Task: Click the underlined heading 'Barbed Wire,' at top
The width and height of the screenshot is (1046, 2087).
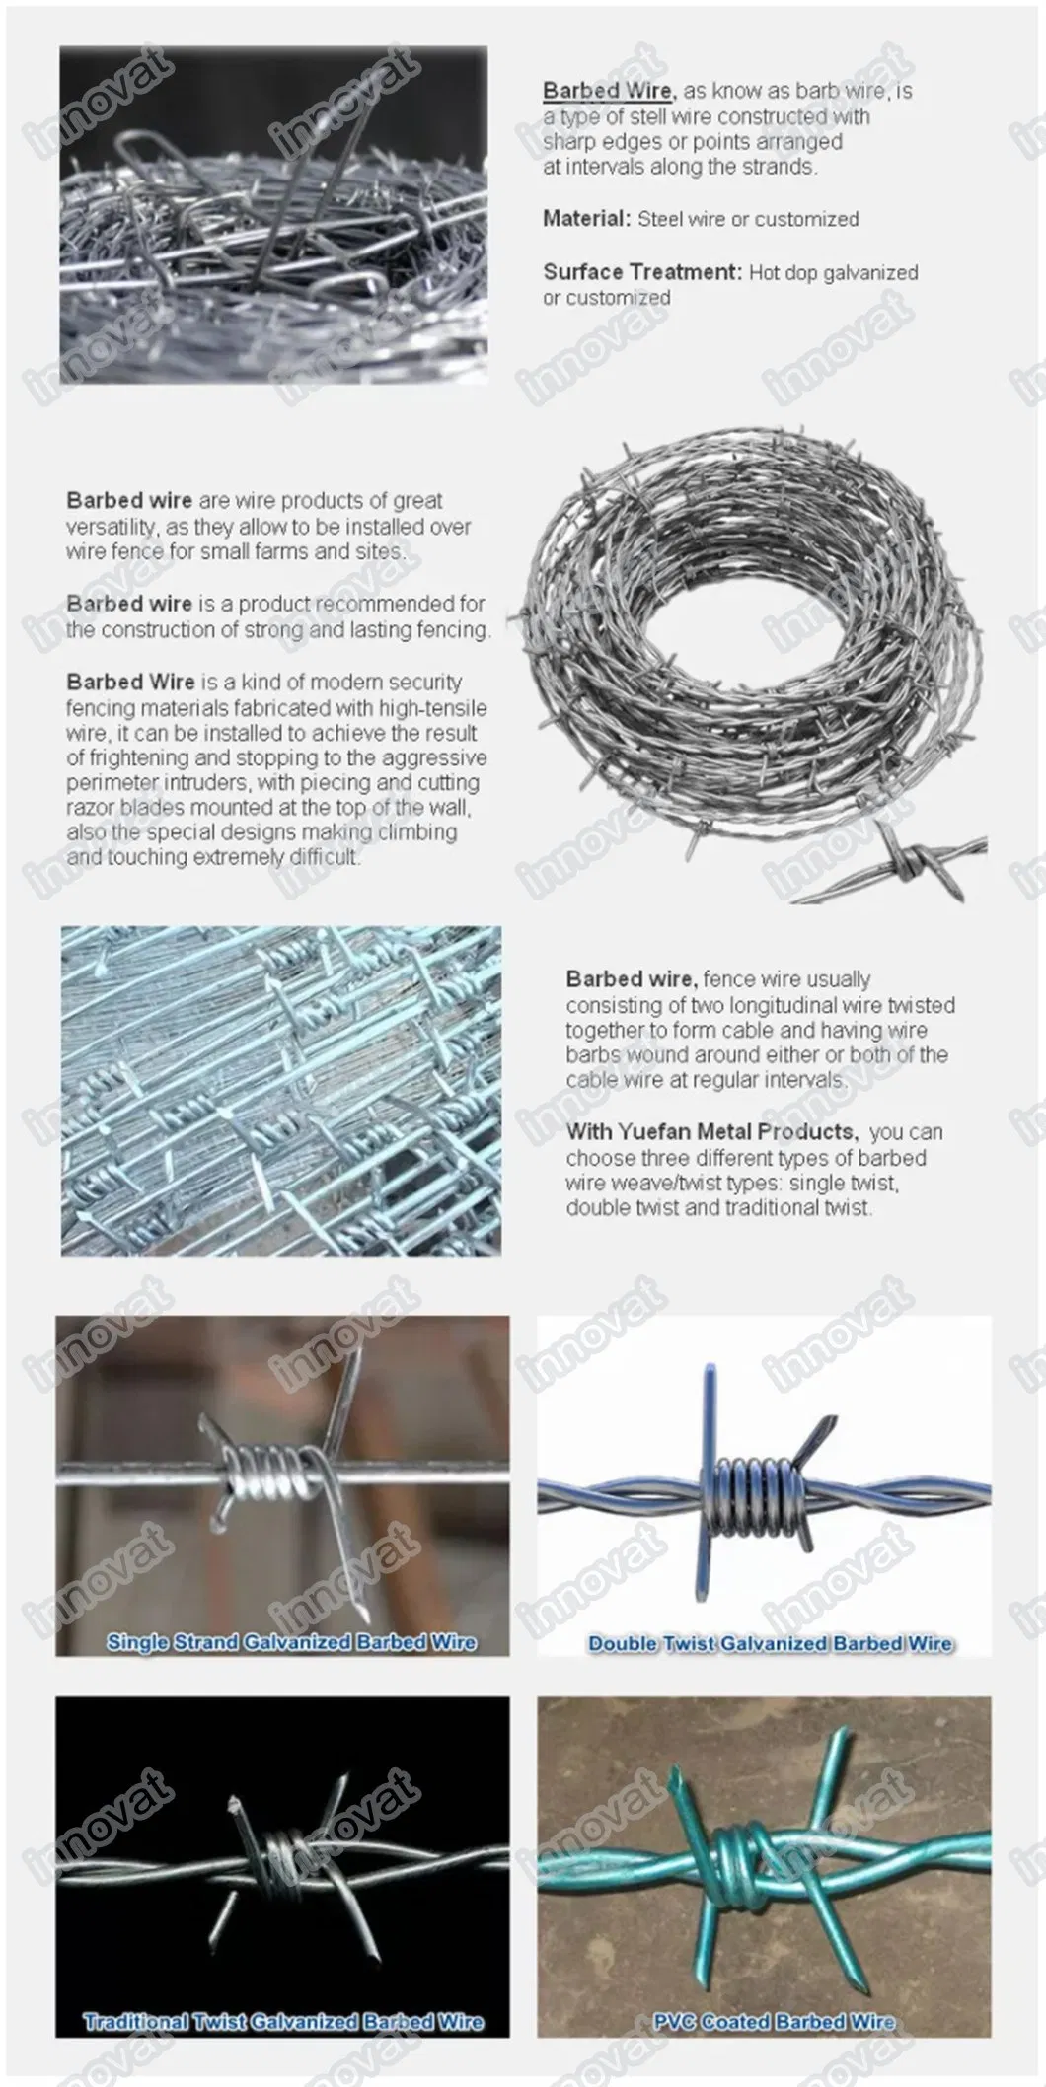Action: [x=607, y=91]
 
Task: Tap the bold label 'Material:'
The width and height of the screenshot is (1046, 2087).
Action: [x=585, y=219]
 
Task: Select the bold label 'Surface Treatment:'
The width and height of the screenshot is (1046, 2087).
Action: [x=641, y=272]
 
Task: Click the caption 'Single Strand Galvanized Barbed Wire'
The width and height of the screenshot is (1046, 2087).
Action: [x=291, y=1642]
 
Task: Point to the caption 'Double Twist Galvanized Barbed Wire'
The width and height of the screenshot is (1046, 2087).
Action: [x=770, y=1643]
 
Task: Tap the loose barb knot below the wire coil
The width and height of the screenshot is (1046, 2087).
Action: [x=915, y=864]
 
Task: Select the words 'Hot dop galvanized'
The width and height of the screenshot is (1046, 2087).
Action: [x=833, y=273]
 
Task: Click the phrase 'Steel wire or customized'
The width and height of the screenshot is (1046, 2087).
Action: [x=748, y=219]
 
